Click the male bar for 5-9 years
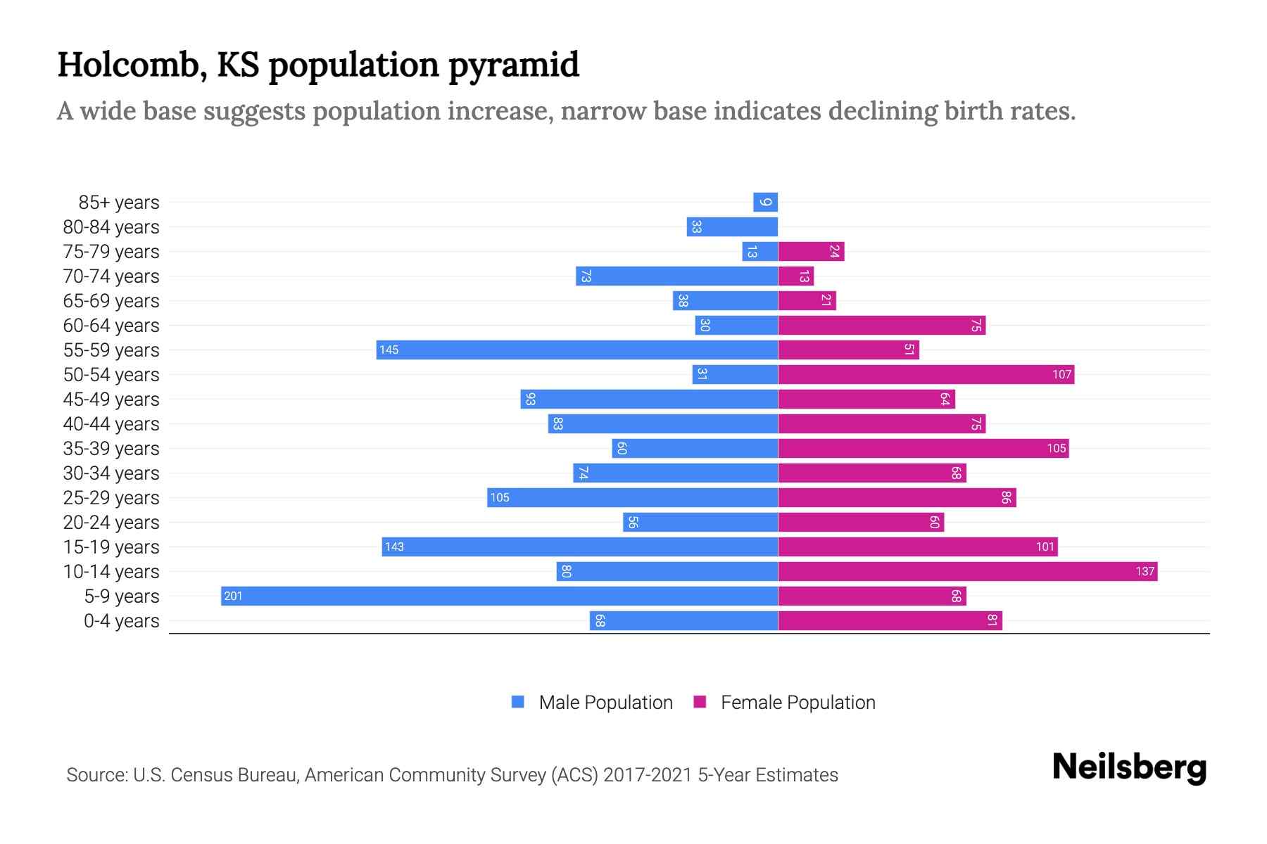point(499,596)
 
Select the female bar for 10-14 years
point(968,572)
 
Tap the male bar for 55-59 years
point(577,350)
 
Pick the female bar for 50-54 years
point(926,375)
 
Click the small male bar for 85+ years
point(765,203)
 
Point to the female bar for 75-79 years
point(811,252)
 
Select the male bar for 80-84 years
point(732,227)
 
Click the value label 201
point(233,596)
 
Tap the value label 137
point(1145,572)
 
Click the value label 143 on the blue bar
point(394,547)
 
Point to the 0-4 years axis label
point(121,621)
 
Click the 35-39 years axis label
point(111,449)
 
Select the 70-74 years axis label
point(111,276)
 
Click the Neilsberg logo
point(1129,767)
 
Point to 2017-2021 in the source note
point(648,775)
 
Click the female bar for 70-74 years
point(796,276)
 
